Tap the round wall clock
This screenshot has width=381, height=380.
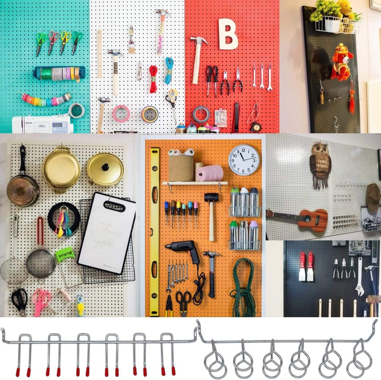pos(244,160)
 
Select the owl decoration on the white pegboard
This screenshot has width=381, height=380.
pos(320,164)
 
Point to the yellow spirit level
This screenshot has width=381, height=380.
pos(154,229)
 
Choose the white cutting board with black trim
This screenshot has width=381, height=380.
pos(107,233)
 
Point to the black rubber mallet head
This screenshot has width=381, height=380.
pos(211,198)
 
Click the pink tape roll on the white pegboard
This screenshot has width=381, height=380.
pos(121,113)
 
